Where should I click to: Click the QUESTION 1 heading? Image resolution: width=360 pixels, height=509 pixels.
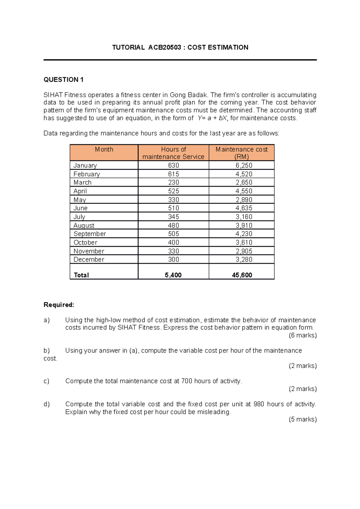coord(63,79)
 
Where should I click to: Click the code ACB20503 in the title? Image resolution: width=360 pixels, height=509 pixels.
coord(164,47)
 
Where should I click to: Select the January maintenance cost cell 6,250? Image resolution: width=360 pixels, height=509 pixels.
coord(244,165)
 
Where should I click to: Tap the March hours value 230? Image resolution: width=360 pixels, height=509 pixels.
coord(173,183)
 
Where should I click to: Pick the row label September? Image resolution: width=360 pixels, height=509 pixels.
coord(90,234)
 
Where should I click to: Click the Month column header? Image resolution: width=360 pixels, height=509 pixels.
coord(104,149)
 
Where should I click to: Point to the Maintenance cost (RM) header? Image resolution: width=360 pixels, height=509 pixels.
coord(241,153)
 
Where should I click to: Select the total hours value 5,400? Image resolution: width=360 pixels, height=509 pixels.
coord(173,275)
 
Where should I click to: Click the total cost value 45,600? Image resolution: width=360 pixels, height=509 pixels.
coord(242,275)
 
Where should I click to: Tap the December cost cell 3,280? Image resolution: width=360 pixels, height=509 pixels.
coord(244,260)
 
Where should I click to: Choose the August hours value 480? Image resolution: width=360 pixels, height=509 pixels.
coord(173,225)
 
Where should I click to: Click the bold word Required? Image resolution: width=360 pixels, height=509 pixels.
coord(59,305)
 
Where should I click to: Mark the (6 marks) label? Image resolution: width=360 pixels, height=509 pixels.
coord(303,335)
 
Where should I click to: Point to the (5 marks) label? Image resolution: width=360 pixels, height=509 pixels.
coord(303,419)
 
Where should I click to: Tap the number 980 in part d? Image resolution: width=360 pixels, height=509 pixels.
coord(259,404)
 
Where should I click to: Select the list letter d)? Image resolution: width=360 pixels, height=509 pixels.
coord(46,404)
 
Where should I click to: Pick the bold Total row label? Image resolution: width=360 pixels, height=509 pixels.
coord(81,275)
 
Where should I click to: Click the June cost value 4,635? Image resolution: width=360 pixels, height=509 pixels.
coord(244,208)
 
